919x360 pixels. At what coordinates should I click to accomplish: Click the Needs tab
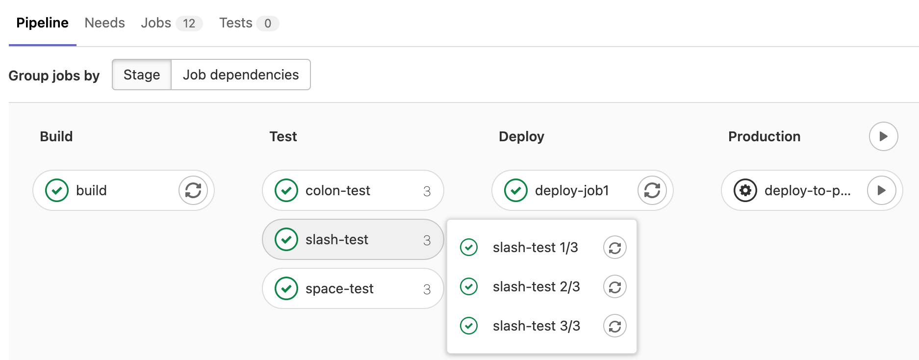pyautogui.click(x=104, y=23)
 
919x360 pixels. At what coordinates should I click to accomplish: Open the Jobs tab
pyautogui.click(x=156, y=23)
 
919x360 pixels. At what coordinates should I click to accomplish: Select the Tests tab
pyautogui.click(x=235, y=23)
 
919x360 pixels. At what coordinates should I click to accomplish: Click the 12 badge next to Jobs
pyautogui.click(x=189, y=24)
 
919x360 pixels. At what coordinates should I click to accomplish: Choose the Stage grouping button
pyautogui.click(x=142, y=75)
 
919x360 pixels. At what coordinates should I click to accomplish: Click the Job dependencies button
pyautogui.click(x=241, y=75)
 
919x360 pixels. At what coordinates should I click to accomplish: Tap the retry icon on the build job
pyautogui.click(x=193, y=190)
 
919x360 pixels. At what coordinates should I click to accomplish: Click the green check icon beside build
pyautogui.click(x=57, y=190)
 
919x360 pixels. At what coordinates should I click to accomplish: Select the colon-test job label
pyautogui.click(x=337, y=190)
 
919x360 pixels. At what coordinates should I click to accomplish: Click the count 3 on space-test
pyautogui.click(x=427, y=289)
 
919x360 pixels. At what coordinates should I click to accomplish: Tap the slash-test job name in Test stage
pyautogui.click(x=336, y=239)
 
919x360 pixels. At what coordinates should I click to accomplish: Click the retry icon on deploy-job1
pyautogui.click(x=652, y=190)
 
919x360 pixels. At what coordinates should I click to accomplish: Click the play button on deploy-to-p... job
pyautogui.click(x=882, y=190)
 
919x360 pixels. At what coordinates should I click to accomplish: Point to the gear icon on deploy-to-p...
pyautogui.click(x=745, y=190)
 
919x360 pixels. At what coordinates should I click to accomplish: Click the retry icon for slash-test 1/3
pyautogui.click(x=615, y=248)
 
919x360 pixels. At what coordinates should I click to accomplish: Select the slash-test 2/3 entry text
pyautogui.click(x=536, y=287)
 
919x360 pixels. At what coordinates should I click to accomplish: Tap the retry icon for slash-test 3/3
pyautogui.click(x=615, y=326)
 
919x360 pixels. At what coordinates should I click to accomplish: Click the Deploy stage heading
pyautogui.click(x=521, y=136)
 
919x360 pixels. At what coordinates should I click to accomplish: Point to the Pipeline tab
pyautogui.click(x=42, y=23)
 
